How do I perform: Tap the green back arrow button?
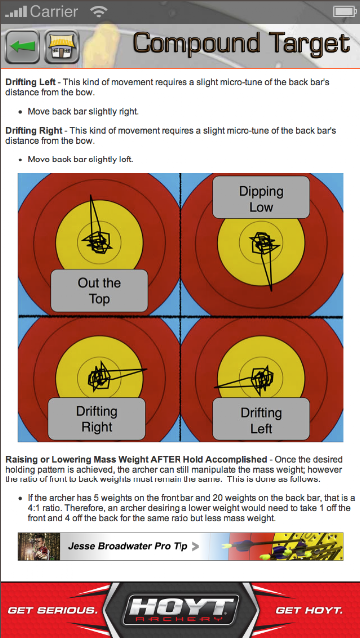coord(22,47)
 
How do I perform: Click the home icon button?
coord(62,47)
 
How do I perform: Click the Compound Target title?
coord(241,43)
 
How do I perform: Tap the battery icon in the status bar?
coord(344,11)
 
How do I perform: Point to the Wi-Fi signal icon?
coord(98,12)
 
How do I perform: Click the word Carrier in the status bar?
coord(54,11)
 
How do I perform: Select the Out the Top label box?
coord(99,291)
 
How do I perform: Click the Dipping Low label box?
coord(261,198)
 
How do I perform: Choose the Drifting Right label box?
coord(97,419)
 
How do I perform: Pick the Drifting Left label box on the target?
coord(261,419)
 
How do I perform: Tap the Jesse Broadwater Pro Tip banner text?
coord(128,546)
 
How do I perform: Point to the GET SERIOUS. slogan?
coord(52,611)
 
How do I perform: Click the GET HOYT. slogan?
coord(309,611)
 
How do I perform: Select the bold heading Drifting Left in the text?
coord(31,82)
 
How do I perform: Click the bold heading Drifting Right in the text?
coord(34,131)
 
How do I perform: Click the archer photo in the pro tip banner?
coord(39,546)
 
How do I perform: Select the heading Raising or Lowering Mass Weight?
coord(136,460)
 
